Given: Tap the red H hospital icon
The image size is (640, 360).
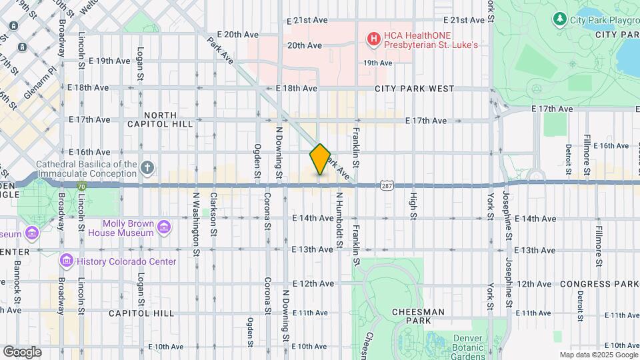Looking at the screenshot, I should [373, 39].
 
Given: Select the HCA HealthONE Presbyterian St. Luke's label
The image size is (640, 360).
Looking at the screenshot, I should [430, 40].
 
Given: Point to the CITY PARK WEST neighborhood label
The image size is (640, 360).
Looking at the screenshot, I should [414, 89].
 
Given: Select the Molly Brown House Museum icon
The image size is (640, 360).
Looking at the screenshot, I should [164, 229].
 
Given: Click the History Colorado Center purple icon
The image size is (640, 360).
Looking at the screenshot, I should [66, 261].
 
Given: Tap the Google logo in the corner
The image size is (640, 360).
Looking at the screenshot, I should [22, 351].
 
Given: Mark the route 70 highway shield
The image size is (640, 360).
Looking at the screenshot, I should [81, 186].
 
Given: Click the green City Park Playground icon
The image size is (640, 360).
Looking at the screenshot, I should [560, 19].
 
